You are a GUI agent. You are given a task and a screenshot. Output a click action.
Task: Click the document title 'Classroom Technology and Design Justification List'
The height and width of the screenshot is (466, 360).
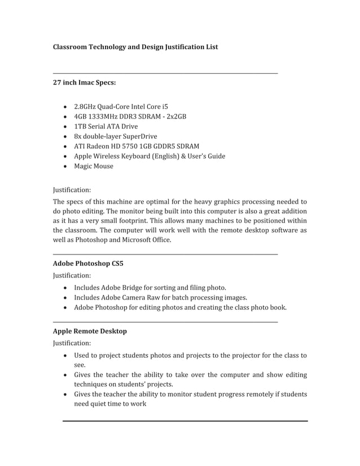pos(135,47)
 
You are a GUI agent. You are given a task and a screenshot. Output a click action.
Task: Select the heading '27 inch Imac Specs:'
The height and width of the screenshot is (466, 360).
pos(85,83)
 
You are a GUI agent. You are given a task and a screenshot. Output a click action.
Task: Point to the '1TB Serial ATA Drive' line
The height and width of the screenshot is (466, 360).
pos(106,126)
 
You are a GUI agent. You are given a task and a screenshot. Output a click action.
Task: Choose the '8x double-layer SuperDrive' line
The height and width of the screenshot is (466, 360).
pos(115,137)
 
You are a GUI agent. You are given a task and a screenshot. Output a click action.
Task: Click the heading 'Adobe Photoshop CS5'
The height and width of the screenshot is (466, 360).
pos(88,263)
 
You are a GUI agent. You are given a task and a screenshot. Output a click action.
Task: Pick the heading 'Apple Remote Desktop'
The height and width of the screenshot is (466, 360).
pos(90,331)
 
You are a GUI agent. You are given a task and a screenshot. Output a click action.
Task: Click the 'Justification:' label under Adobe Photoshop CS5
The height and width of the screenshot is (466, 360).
pos(72,275)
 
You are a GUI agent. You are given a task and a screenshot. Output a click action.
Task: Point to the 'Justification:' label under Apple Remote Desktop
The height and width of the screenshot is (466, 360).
pos(72,343)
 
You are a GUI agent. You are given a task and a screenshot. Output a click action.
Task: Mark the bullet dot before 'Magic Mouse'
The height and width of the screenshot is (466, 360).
pos(67,166)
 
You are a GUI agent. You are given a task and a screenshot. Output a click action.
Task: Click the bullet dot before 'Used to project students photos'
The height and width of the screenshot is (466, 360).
pos(67,356)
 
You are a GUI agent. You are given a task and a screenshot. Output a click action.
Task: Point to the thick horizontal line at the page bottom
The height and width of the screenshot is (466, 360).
pos(185,421)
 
